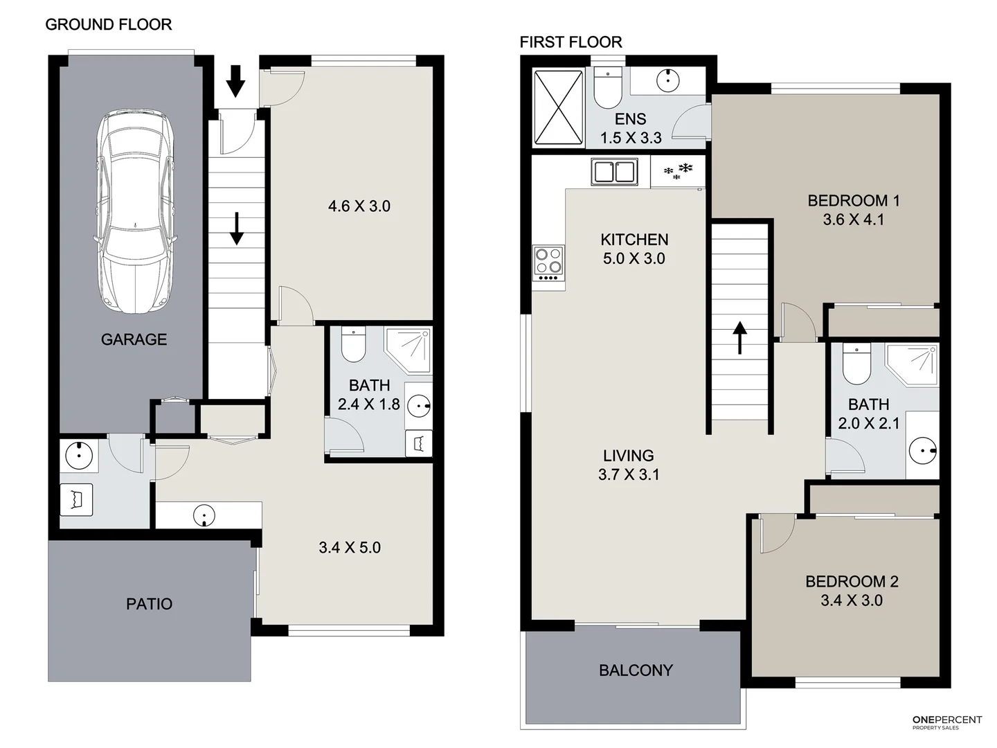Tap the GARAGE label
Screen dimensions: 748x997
pyautogui.click(x=134, y=339)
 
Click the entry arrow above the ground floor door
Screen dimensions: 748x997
pyautogui.click(x=235, y=80)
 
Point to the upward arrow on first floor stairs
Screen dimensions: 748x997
pyautogui.click(x=740, y=337)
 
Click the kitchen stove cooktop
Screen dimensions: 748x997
pyautogui.click(x=548, y=264)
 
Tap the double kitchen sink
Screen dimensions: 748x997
pyautogui.click(x=614, y=171)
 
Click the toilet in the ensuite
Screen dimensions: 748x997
pyautogui.click(x=608, y=89)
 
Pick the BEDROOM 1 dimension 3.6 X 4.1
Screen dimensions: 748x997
pyautogui.click(x=853, y=220)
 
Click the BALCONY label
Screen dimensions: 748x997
pyautogui.click(x=636, y=670)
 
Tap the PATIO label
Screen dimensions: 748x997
pyautogui.click(x=149, y=604)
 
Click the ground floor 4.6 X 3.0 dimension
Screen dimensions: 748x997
pyautogui.click(x=359, y=206)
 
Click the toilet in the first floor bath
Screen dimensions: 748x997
pyautogui.click(x=856, y=364)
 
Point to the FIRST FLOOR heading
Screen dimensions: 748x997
pyautogui.click(x=571, y=42)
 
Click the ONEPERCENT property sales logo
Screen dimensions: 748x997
pyautogui.click(x=946, y=722)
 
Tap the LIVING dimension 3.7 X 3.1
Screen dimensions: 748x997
pyautogui.click(x=629, y=474)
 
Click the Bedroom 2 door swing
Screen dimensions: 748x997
pyautogui.click(x=775, y=533)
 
